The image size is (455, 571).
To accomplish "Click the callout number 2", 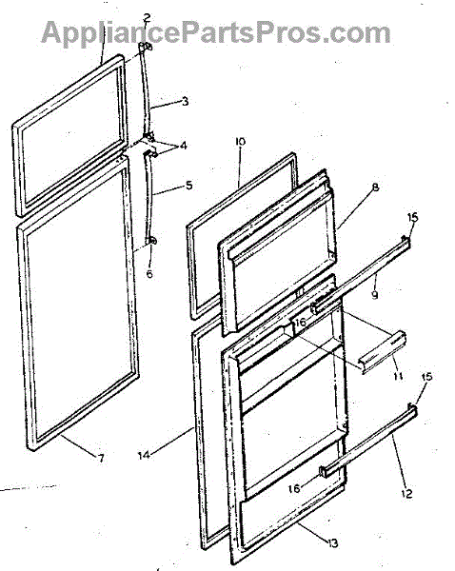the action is tap(147, 17).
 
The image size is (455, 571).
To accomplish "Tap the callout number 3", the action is tap(185, 101).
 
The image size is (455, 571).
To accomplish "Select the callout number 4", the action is tap(183, 146).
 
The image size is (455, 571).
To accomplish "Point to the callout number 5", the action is tap(188, 185).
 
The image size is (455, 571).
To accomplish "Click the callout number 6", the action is tap(149, 273).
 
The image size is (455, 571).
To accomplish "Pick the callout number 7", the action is tap(101, 458).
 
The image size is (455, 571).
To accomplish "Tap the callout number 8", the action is tap(375, 187).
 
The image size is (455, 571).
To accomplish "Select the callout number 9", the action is tap(375, 294).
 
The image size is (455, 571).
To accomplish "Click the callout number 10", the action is tap(240, 141).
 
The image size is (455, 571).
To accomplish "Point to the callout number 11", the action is tap(398, 376).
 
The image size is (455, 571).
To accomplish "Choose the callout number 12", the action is tap(406, 493).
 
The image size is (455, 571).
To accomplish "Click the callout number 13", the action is tap(332, 543).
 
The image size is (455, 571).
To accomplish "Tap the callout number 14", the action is tap(145, 455).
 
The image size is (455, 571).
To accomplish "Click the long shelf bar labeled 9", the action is tap(361, 275).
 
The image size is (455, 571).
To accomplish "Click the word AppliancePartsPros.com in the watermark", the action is tap(216, 32).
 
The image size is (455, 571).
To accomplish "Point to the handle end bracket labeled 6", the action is tap(151, 241).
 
